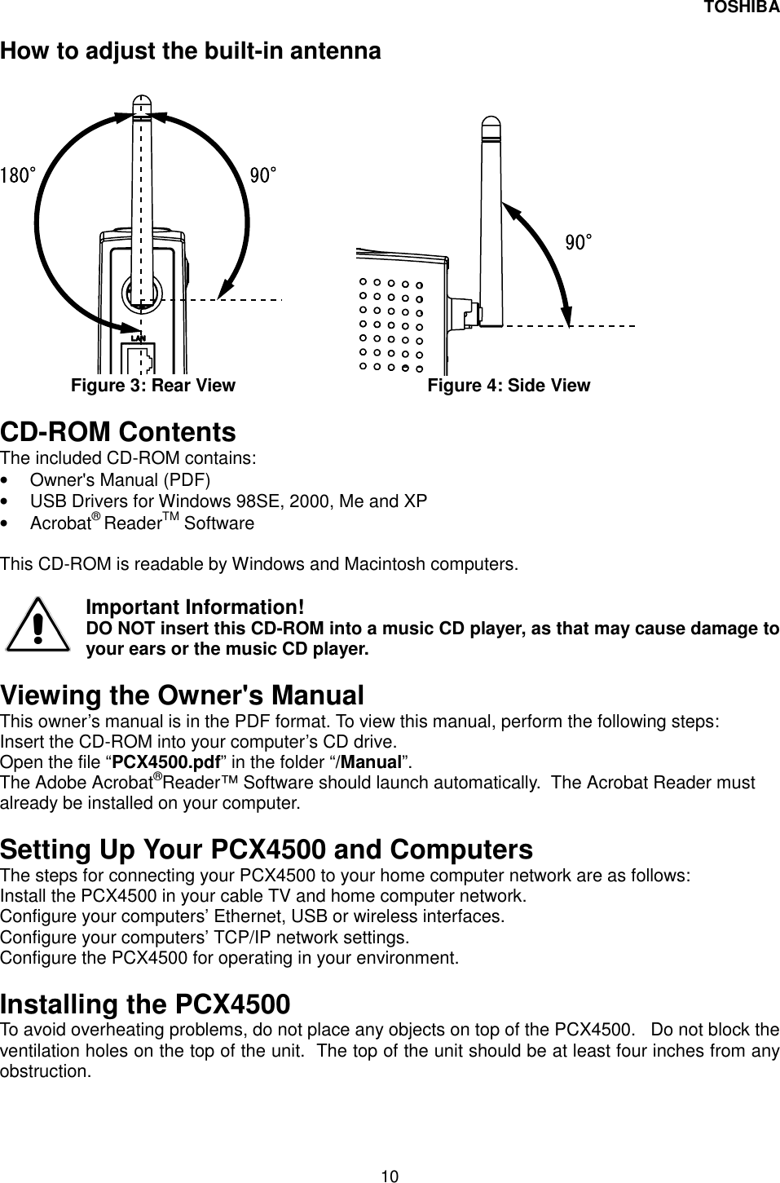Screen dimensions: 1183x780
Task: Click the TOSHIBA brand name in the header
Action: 741,8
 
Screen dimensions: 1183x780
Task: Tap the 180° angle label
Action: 18,174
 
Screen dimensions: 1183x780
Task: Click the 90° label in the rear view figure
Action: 263,174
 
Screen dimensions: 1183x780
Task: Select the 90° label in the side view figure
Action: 579,242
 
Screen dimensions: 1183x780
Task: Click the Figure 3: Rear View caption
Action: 153,385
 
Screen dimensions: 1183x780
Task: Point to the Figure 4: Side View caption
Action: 509,385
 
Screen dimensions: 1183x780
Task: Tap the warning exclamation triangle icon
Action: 37,626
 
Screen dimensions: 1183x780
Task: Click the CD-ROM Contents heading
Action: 118,431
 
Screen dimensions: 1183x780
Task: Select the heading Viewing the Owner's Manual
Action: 182,695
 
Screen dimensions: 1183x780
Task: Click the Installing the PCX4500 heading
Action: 145,1003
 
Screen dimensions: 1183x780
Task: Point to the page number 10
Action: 390,1175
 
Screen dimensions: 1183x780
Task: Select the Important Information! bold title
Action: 196,608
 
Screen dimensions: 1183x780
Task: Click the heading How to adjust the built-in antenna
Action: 191,51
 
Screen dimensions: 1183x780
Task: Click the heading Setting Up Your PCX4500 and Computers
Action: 267,850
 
